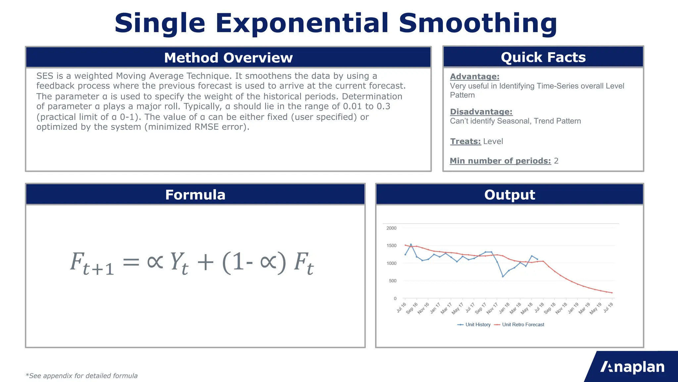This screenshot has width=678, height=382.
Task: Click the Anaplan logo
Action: [632, 367]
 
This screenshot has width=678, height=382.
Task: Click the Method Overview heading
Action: [228, 58]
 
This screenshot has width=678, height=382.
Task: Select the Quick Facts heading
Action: [543, 57]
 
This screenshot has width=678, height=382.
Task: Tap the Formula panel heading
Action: [195, 195]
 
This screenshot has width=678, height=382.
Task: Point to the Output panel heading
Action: [509, 195]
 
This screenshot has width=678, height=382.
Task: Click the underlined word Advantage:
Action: [474, 77]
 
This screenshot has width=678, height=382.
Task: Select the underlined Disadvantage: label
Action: [481, 112]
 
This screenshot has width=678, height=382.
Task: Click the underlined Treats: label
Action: [465, 142]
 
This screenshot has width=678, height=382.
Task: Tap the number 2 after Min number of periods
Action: [556, 161]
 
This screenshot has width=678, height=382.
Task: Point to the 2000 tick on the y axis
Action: [391, 228]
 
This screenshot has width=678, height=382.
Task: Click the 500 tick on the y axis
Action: [392, 281]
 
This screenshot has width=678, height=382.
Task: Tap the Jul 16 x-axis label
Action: [401, 308]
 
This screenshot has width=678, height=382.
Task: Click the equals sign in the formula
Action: [131, 262]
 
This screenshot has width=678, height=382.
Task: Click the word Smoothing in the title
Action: [478, 23]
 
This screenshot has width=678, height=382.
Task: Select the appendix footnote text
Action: [81, 376]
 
